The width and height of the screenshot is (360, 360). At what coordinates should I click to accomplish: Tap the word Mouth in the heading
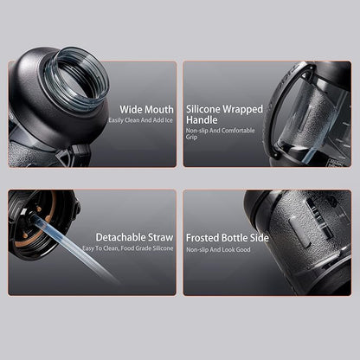click(159, 110)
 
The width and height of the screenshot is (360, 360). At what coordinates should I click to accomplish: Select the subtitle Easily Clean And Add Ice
click(141, 120)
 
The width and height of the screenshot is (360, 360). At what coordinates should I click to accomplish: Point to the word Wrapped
click(242, 110)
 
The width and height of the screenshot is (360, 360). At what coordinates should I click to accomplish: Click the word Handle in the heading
click(202, 119)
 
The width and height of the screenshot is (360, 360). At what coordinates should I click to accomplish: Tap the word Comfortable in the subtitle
click(238, 131)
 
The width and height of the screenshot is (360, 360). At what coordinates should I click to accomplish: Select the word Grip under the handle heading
click(191, 137)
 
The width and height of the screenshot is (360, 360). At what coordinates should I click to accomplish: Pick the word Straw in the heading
click(160, 237)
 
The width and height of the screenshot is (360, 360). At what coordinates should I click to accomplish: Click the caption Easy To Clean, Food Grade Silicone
click(128, 248)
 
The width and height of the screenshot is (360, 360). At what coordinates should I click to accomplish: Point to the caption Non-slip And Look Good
click(218, 249)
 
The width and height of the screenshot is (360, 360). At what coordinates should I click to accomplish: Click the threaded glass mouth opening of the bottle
click(76, 79)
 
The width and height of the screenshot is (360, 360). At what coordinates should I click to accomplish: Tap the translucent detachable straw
click(75, 247)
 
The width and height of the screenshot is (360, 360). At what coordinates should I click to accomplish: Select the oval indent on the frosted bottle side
click(299, 230)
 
